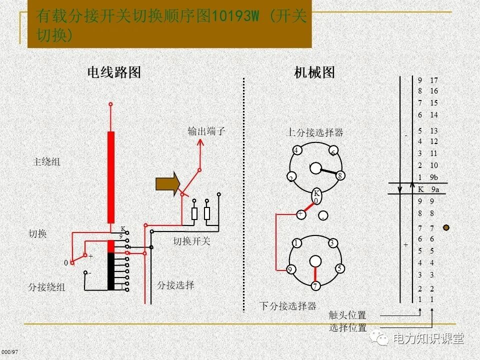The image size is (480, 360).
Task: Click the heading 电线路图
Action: point(114,72)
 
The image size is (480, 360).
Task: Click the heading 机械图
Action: point(314,72)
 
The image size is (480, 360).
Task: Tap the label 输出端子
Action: point(206,131)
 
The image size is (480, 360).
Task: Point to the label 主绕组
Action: point(46,161)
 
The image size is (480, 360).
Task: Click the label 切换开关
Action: point(192,241)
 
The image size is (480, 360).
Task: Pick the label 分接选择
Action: point(175,285)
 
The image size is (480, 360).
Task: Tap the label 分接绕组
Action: point(46,287)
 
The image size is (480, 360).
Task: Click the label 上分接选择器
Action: point(314,132)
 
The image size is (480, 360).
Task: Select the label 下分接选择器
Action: point(287,305)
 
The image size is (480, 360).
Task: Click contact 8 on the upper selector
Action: point(340,175)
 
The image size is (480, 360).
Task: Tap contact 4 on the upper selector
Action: point(296,150)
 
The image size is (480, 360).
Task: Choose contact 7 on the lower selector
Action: point(315,286)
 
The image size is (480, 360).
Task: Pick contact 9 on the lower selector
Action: point(290,269)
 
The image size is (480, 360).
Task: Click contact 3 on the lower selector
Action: point(332,243)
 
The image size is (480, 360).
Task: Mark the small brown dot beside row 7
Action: point(446,227)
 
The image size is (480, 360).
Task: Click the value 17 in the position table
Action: point(433,80)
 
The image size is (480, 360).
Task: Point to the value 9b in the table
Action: point(434,177)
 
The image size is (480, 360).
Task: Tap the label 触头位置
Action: point(347,315)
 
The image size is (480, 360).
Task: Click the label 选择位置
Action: point(347,328)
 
